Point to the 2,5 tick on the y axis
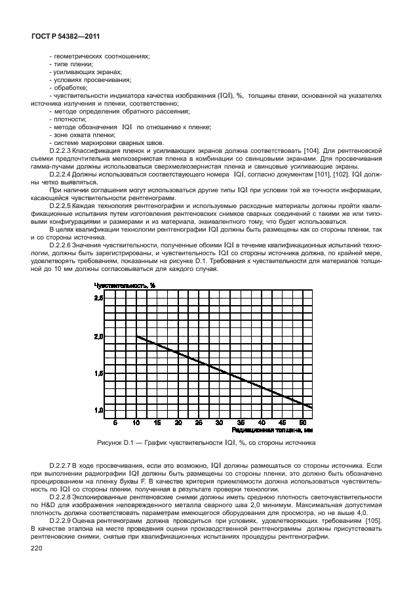click(x=99, y=299)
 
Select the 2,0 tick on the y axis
click(x=99, y=336)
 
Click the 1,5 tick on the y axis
click(x=99, y=373)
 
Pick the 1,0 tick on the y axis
click(x=99, y=410)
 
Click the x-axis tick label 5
click(x=115, y=422)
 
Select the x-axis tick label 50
click(x=303, y=422)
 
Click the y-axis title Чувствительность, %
click(x=125, y=285)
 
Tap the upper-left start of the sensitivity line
click(x=136, y=337)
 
